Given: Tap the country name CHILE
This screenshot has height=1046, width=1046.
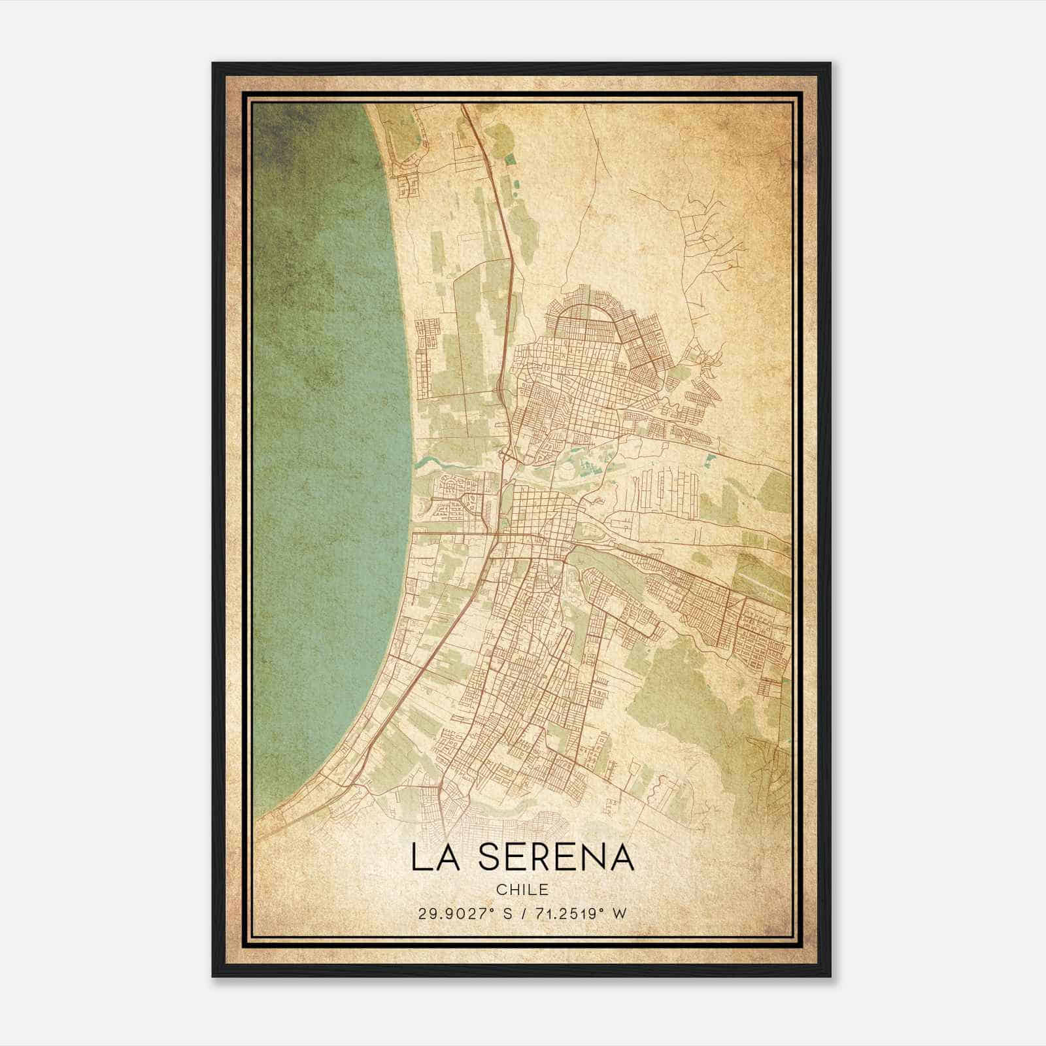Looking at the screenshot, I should [522, 890].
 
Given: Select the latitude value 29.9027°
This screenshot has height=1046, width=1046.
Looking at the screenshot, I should [456, 914].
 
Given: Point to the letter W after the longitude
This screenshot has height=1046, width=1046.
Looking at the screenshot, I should [619, 914].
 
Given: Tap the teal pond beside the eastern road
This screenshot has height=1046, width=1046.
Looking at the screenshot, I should [711, 460].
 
